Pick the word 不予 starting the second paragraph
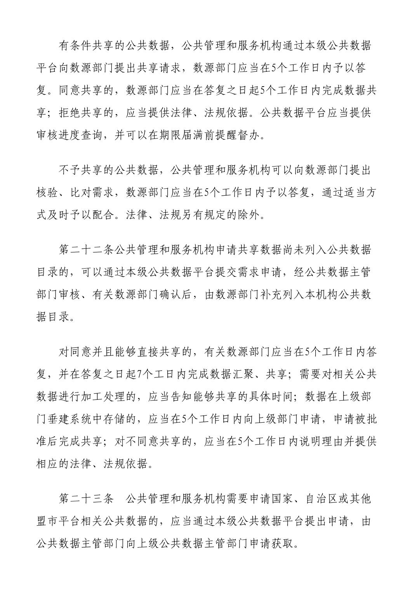pyautogui.click(x=70, y=170)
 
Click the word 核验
pyautogui.click(x=47, y=193)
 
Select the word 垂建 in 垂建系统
pyautogui.click(x=59, y=419)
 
